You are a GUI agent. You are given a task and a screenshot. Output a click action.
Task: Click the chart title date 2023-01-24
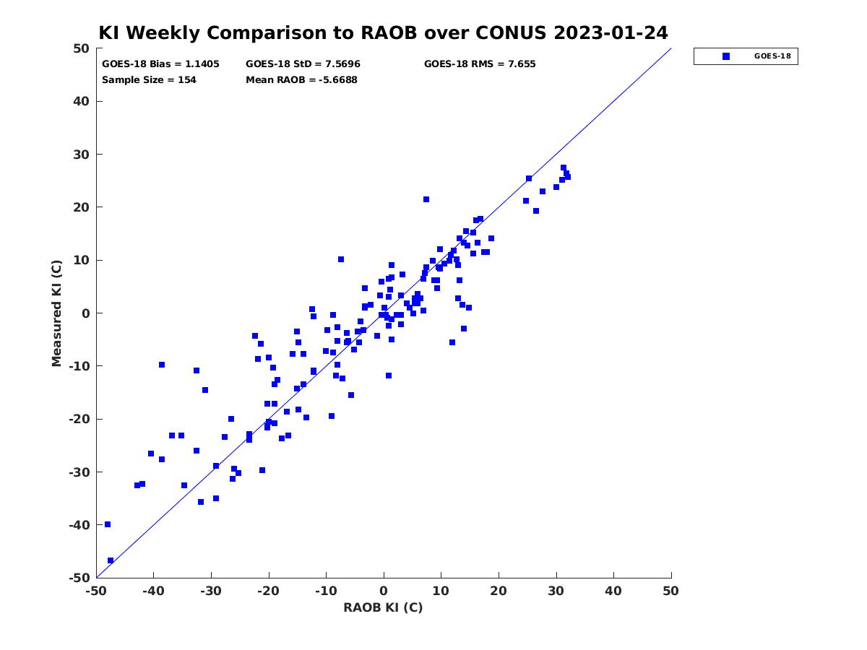[611, 32]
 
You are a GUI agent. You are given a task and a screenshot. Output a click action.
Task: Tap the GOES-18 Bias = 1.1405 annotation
[160, 64]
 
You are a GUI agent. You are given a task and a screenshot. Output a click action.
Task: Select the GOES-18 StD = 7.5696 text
[303, 64]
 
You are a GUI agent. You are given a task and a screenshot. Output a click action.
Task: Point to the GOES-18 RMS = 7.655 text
[480, 64]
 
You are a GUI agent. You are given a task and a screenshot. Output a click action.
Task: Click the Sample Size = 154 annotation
[149, 79]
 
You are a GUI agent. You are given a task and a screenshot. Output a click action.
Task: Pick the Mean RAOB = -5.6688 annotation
[301, 79]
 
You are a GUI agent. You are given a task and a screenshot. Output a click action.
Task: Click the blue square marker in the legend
[726, 56]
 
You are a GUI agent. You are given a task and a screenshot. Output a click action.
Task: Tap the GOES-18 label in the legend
[772, 56]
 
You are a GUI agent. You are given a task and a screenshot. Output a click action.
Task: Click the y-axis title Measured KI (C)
[56, 313]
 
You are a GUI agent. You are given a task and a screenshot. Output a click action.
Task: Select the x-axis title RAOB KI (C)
[383, 607]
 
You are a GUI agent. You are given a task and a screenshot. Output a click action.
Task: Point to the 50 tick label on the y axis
[82, 48]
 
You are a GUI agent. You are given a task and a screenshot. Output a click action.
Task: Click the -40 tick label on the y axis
[79, 525]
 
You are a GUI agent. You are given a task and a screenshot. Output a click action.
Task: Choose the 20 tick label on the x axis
[499, 591]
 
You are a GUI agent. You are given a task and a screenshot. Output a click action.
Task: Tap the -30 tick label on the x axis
[211, 591]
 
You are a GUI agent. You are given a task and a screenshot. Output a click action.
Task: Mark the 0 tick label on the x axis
[384, 591]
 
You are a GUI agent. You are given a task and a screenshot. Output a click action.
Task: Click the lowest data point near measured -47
[111, 560]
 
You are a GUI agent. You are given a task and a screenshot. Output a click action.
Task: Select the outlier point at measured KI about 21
[426, 199]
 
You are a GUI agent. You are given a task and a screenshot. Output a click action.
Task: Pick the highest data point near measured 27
[564, 168]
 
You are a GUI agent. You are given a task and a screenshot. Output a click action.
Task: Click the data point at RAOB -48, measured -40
[108, 524]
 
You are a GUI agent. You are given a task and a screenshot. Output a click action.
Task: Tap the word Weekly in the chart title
[165, 32]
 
